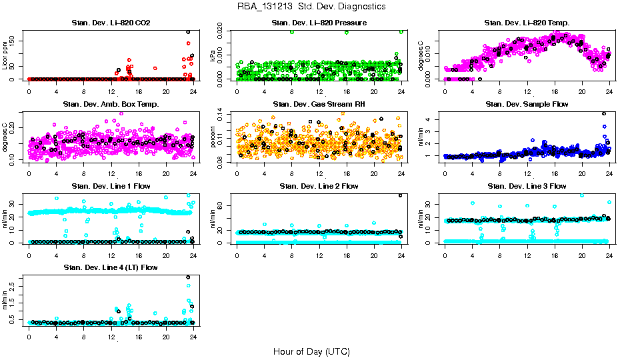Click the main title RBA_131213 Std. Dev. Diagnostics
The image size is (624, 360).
pos(311,7)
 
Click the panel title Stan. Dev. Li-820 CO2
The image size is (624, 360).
pos(111,23)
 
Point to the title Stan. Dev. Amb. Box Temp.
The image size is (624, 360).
pos(111,105)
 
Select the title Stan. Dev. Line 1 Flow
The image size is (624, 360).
pos(111,186)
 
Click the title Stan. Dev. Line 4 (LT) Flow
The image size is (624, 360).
pos(111,267)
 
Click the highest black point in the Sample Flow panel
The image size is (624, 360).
pos(604,113)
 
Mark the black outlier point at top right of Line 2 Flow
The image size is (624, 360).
pos(400,195)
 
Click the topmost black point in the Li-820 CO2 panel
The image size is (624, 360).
pos(188,32)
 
